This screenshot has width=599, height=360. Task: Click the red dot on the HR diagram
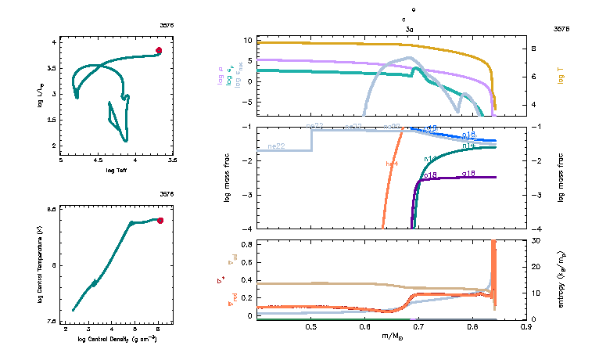[159, 50]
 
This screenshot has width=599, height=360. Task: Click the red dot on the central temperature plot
[160, 221]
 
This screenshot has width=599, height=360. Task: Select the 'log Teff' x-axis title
[116, 170]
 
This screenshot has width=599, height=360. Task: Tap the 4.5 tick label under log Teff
[98, 160]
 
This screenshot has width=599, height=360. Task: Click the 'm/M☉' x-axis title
[392, 336]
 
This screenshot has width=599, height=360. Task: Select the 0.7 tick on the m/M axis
[418, 327]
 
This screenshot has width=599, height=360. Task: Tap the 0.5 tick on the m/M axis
[311, 327]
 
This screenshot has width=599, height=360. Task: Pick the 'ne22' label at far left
[275, 146]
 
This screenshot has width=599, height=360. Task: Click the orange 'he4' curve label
[393, 163]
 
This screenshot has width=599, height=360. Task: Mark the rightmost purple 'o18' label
[470, 173]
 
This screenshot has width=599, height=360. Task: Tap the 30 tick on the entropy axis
[536, 240]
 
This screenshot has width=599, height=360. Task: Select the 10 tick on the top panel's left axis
[246, 40]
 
